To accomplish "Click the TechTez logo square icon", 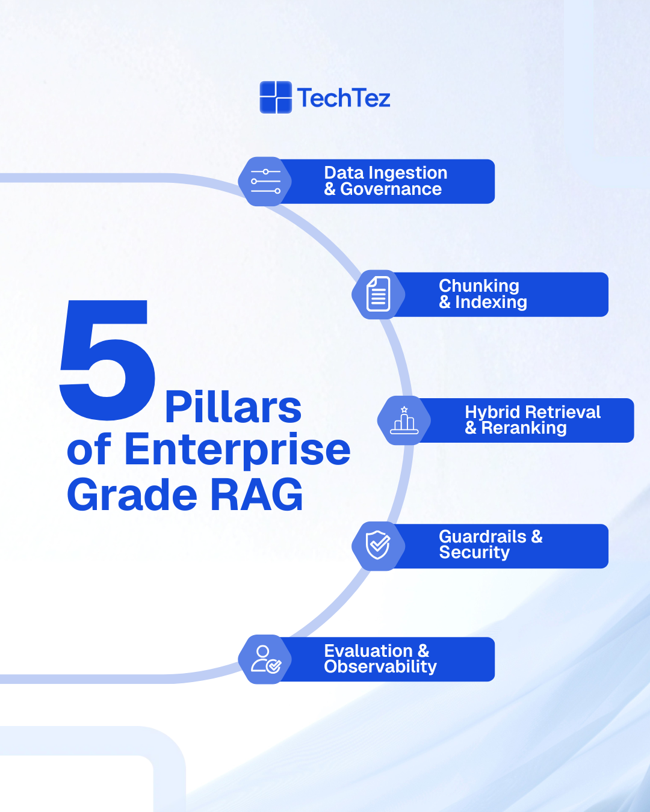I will coord(276,97).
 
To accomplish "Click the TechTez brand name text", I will coord(344,98).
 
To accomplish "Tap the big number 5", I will coord(107,360).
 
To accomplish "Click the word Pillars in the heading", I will coord(233,408).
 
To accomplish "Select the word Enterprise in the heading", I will coord(237,450).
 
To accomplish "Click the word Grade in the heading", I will coord(132,495).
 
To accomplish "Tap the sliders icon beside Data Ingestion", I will coord(265,182).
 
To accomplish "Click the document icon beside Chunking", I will coord(379,295).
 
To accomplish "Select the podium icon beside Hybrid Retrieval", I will coord(404,420).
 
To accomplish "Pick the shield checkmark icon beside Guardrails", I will coord(379,546).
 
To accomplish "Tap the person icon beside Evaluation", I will coord(265,659).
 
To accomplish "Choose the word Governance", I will coord(391,189).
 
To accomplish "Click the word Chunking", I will coord(479,286).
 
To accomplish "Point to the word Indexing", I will coord(491,302).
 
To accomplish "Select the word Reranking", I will coord(524,428).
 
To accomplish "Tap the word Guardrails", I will coord(483,536).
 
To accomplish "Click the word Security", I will coord(474,552).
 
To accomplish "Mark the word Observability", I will coord(380,666).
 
